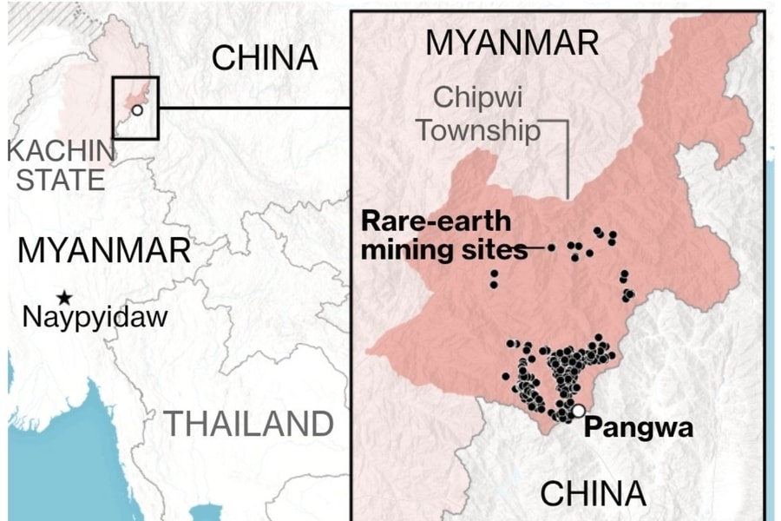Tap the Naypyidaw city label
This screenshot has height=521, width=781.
pos(95,317)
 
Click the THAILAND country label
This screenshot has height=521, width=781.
pos(250,425)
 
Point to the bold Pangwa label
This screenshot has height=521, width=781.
pos(639,427)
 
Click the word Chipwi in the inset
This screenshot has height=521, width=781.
pos(479,97)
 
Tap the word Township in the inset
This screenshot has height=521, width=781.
pos(478,130)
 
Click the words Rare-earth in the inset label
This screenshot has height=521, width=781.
pos(436,221)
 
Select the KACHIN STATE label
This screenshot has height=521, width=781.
pos(61,165)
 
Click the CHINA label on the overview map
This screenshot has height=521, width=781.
pos(265,59)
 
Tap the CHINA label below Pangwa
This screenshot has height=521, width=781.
pos(594,492)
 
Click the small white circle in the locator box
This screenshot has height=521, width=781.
pos(137,110)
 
